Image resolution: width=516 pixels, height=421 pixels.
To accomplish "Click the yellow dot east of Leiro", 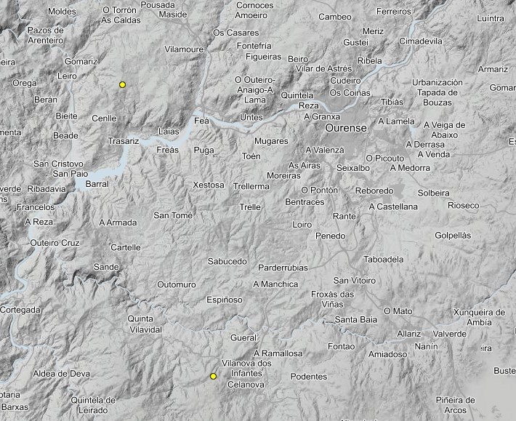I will pyautogui.click(x=122, y=85).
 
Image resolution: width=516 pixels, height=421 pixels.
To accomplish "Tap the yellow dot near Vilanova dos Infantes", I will pyautogui.click(x=213, y=376).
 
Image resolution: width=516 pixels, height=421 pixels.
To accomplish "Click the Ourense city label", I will pyautogui.click(x=345, y=128).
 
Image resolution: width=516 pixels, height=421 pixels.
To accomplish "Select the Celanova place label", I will pyautogui.click(x=246, y=384).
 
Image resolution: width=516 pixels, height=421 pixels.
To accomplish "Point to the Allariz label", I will pyautogui.click(x=409, y=334).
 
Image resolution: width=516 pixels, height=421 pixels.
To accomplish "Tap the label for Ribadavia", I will pyautogui.click(x=47, y=188).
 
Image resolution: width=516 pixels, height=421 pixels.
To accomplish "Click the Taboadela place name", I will pyautogui.click(x=383, y=259).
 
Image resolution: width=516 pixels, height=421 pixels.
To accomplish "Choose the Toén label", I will pyautogui.click(x=251, y=156).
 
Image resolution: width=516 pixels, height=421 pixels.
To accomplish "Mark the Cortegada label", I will pyautogui.click(x=20, y=310).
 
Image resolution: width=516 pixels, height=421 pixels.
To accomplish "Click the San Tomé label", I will pyautogui.click(x=172, y=215).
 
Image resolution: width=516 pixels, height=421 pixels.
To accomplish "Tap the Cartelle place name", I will pyautogui.click(x=126, y=247).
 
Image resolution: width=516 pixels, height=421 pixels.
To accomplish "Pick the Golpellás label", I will pyautogui.click(x=453, y=236).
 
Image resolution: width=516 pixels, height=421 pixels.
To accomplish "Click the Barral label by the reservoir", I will pyautogui.click(x=97, y=184).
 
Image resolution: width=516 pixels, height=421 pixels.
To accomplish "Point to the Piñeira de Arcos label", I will pyautogui.click(x=455, y=405).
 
